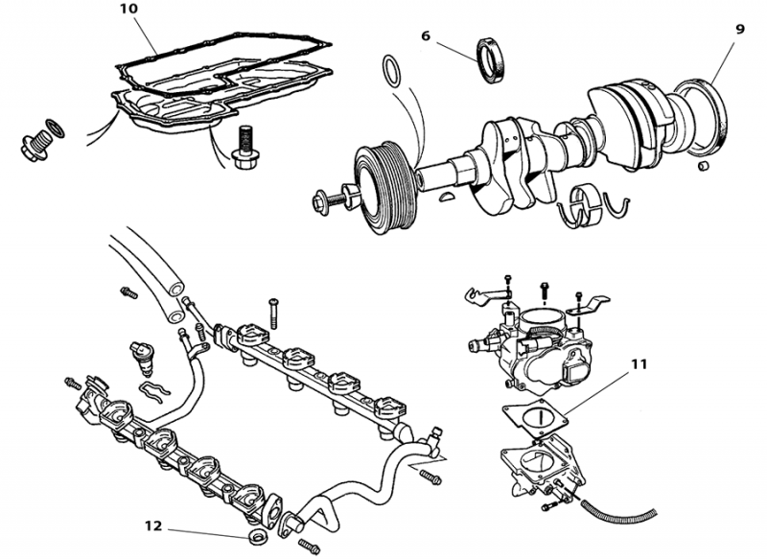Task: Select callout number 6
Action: (426, 35)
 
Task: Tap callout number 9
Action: (739, 30)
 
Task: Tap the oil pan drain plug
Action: (37, 140)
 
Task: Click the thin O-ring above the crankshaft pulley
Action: (391, 72)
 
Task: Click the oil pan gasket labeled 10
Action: (221, 58)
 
